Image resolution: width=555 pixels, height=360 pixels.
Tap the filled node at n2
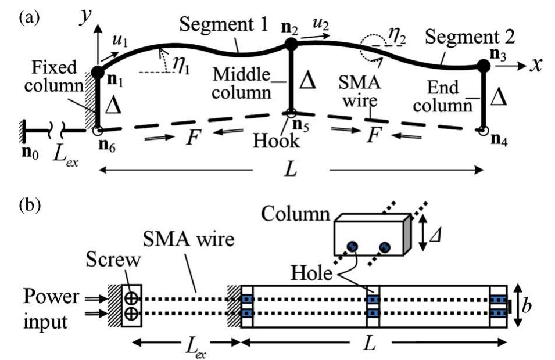pyautogui.click(x=291, y=43)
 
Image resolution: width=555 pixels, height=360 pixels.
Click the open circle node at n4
pyautogui.click(x=482, y=131)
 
